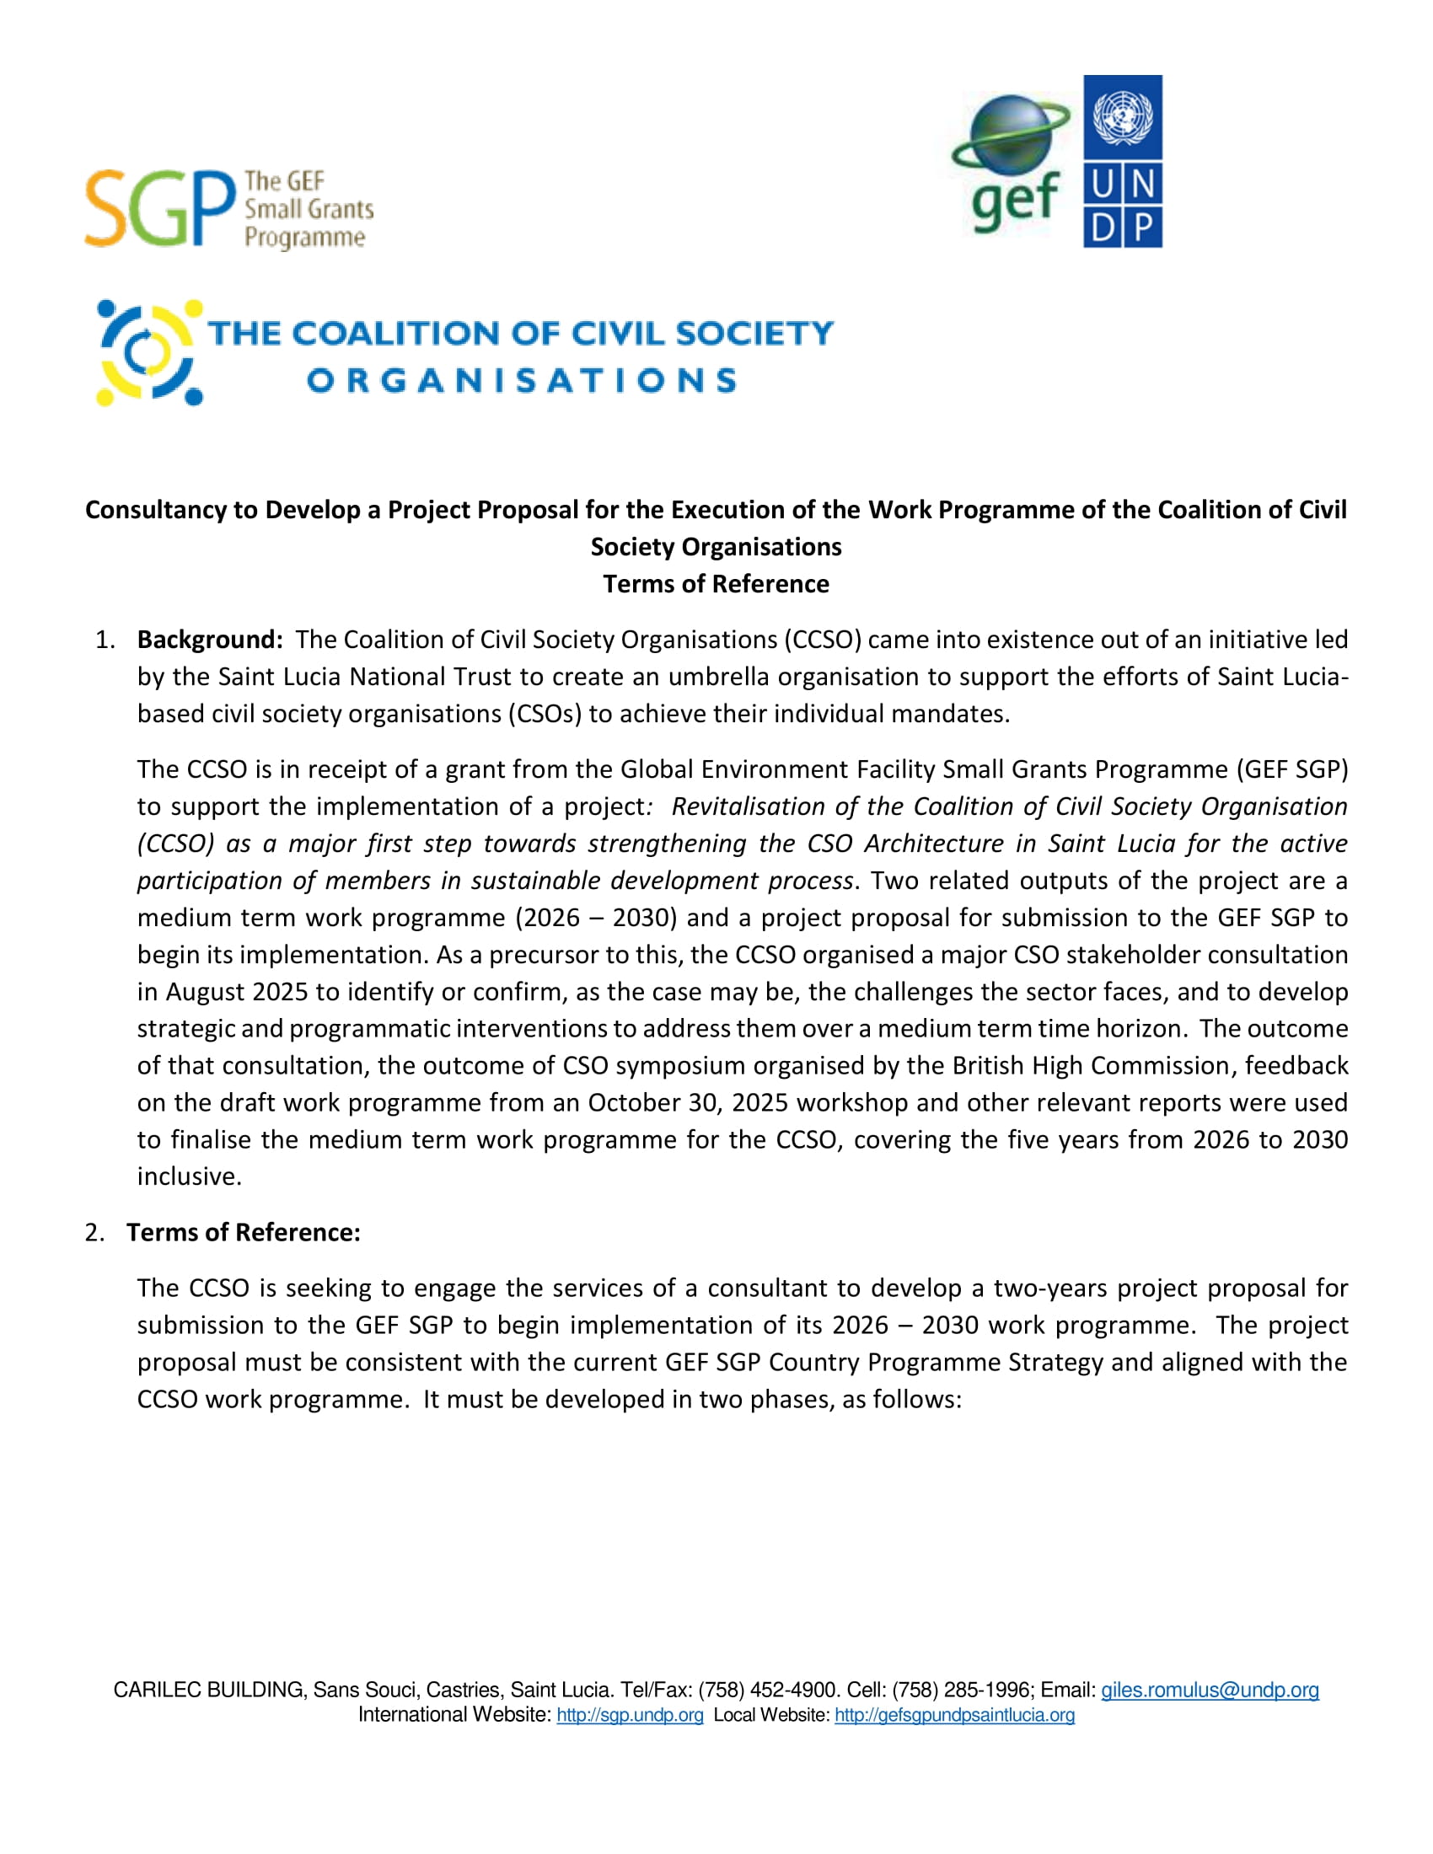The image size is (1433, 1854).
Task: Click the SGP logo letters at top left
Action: (159, 208)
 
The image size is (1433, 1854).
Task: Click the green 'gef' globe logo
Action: (1012, 161)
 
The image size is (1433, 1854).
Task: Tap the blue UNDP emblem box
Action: (1122, 161)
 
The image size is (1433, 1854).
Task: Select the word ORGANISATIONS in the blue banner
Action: (521, 381)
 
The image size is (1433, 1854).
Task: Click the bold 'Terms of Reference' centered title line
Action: (716, 584)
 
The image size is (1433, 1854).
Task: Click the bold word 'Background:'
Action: (210, 640)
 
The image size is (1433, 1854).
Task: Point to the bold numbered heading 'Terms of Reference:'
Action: (244, 1232)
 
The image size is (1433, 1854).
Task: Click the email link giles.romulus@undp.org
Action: (1209, 1691)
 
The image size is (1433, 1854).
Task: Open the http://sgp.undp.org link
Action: (630, 1715)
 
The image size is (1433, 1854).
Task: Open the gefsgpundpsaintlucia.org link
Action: (954, 1715)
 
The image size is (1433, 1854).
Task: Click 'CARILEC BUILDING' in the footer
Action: (209, 1691)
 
